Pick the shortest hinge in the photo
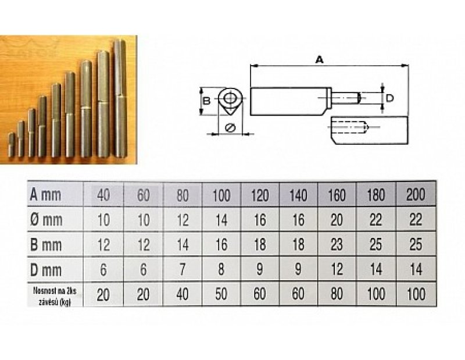[12, 145]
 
